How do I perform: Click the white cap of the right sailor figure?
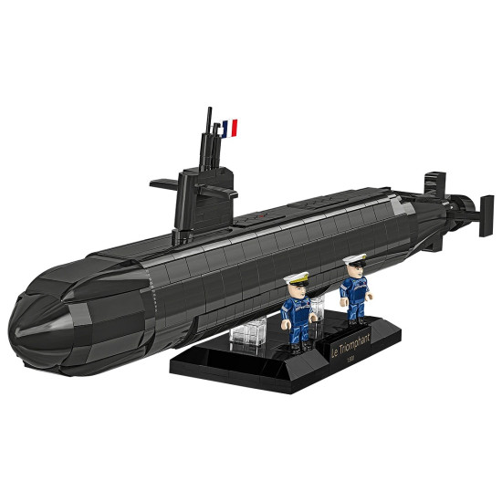pos(353,260)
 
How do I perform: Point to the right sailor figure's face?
pos(354,270)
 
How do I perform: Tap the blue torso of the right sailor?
pos(354,291)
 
